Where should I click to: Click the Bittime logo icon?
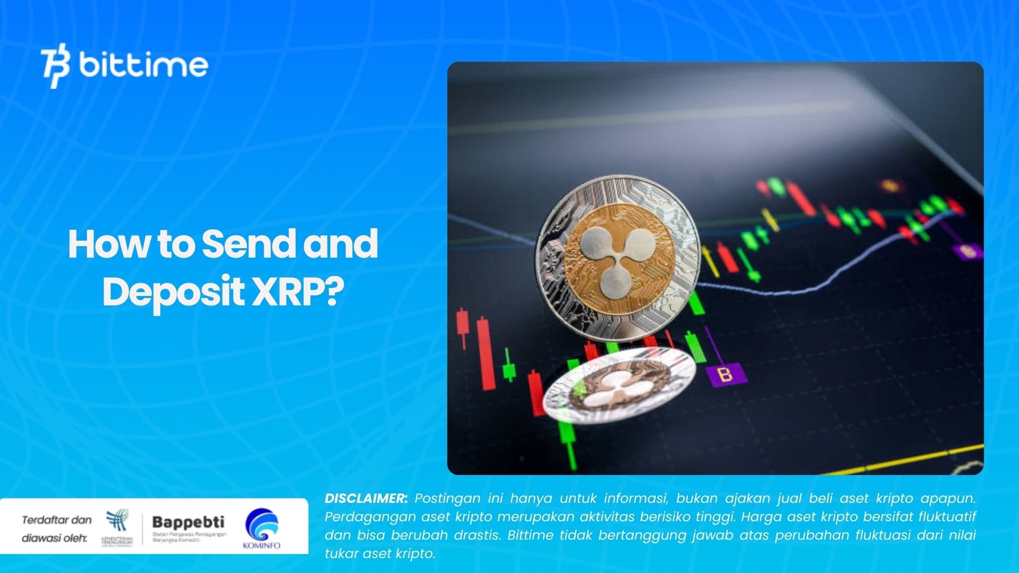(56, 65)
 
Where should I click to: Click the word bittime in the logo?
(143, 65)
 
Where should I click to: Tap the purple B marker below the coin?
(726, 375)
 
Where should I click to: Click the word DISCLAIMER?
(366, 498)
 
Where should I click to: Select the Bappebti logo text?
(188, 522)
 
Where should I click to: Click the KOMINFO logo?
(262, 528)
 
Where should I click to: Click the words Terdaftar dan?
(57, 520)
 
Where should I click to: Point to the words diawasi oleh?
(54, 538)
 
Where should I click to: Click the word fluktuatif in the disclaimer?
(947, 517)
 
